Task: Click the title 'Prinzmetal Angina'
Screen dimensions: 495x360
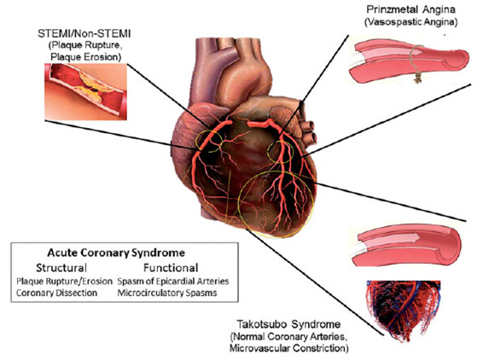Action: tap(411, 9)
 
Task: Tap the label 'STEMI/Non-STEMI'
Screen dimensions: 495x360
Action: tap(84, 33)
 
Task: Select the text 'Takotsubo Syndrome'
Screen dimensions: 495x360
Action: tap(288, 324)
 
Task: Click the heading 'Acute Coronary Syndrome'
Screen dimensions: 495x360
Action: tap(116, 253)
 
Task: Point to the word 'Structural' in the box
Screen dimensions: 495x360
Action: tap(61, 268)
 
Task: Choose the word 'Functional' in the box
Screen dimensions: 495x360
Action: tap(171, 268)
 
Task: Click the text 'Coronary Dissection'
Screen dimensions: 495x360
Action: tap(57, 293)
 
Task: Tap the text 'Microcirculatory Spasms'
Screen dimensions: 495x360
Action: tap(167, 293)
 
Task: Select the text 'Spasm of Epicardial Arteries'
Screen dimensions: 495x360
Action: tap(173, 282)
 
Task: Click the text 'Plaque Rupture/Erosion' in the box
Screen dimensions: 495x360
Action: tap(64, 282)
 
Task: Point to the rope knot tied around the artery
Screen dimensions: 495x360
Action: tap(417, 78)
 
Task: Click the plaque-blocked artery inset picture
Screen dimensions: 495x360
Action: tap(85, 91)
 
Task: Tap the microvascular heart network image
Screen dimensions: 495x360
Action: tap(404, 311)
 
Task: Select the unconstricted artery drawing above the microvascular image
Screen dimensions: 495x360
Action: tap(406, 246)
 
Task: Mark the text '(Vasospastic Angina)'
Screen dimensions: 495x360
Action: tap(411, 22)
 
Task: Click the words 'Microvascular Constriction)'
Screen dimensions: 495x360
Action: tap(289, 348)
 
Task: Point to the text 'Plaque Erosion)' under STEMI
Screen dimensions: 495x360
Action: tap(86, 57)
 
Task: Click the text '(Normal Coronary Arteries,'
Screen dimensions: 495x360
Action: tap(288, 337)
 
